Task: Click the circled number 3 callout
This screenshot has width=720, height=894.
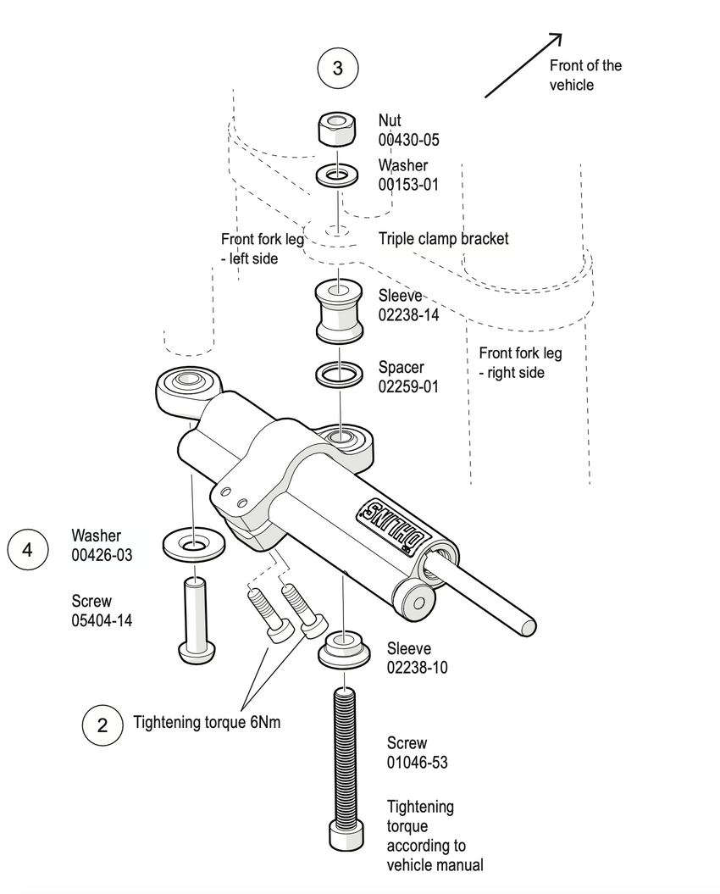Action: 337,68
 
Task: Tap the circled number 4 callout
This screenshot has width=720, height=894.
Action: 28,549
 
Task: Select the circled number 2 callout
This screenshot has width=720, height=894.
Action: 102,725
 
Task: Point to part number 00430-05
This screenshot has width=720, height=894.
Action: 410,141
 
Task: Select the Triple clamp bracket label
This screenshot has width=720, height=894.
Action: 444,239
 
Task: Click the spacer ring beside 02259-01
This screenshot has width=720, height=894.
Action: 339,373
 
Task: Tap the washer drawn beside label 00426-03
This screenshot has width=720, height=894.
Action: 193,543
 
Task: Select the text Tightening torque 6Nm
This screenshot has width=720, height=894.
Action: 207,723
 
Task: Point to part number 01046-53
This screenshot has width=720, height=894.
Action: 418,763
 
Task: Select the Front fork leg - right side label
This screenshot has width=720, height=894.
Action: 520,362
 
